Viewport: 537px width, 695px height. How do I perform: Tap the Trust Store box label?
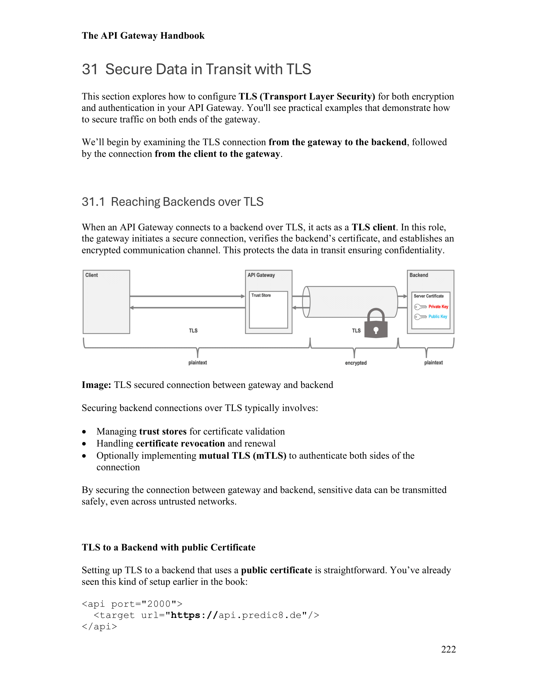(x=261, y=295)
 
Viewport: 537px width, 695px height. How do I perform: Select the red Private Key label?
(x=438, y=306)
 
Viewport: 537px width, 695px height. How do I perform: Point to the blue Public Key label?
(x=437, y=316)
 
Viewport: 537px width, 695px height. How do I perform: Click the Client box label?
(x=92, y=275)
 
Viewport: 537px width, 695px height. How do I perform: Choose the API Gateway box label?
(x=261, y=275)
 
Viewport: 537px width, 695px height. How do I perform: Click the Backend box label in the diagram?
(x=419, y=275)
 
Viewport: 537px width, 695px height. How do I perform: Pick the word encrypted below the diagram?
(x=356, y=363)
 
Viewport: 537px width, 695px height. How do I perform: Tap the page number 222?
(x=448, y=649)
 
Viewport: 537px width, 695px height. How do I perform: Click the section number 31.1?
(x=93, y=202)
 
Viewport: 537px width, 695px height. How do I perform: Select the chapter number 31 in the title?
(x=90, y=69)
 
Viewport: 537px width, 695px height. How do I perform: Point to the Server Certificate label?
(x=429, y=296)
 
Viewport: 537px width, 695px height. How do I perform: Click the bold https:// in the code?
(x=194, y=615)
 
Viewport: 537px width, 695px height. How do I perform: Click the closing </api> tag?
(x=99, y=626)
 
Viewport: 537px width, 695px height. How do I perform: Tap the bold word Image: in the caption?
(x=96, y=385)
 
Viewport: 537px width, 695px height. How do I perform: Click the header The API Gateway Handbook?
(x=143, y=36)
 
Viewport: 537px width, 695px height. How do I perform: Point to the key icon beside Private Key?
(x=420, y=307)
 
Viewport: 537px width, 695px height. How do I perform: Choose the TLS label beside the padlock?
(x=356, y=331)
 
